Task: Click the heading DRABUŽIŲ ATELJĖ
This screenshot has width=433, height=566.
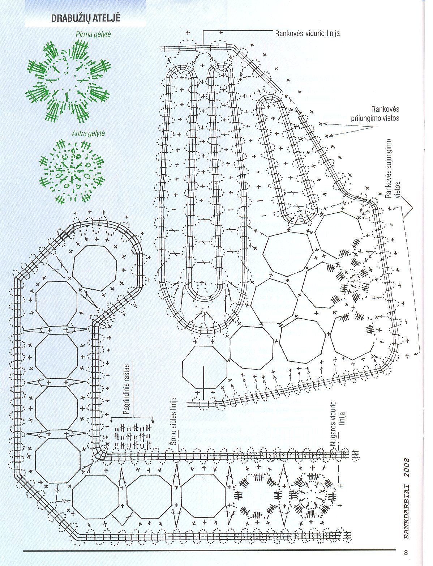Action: (86, 18)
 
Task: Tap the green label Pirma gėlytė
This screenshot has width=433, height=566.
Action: (93, 34)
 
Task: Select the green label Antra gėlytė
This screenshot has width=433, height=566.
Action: (89, 133)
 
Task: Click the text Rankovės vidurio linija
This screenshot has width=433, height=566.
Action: (307, 33)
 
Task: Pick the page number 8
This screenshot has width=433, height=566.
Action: (406, 553)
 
